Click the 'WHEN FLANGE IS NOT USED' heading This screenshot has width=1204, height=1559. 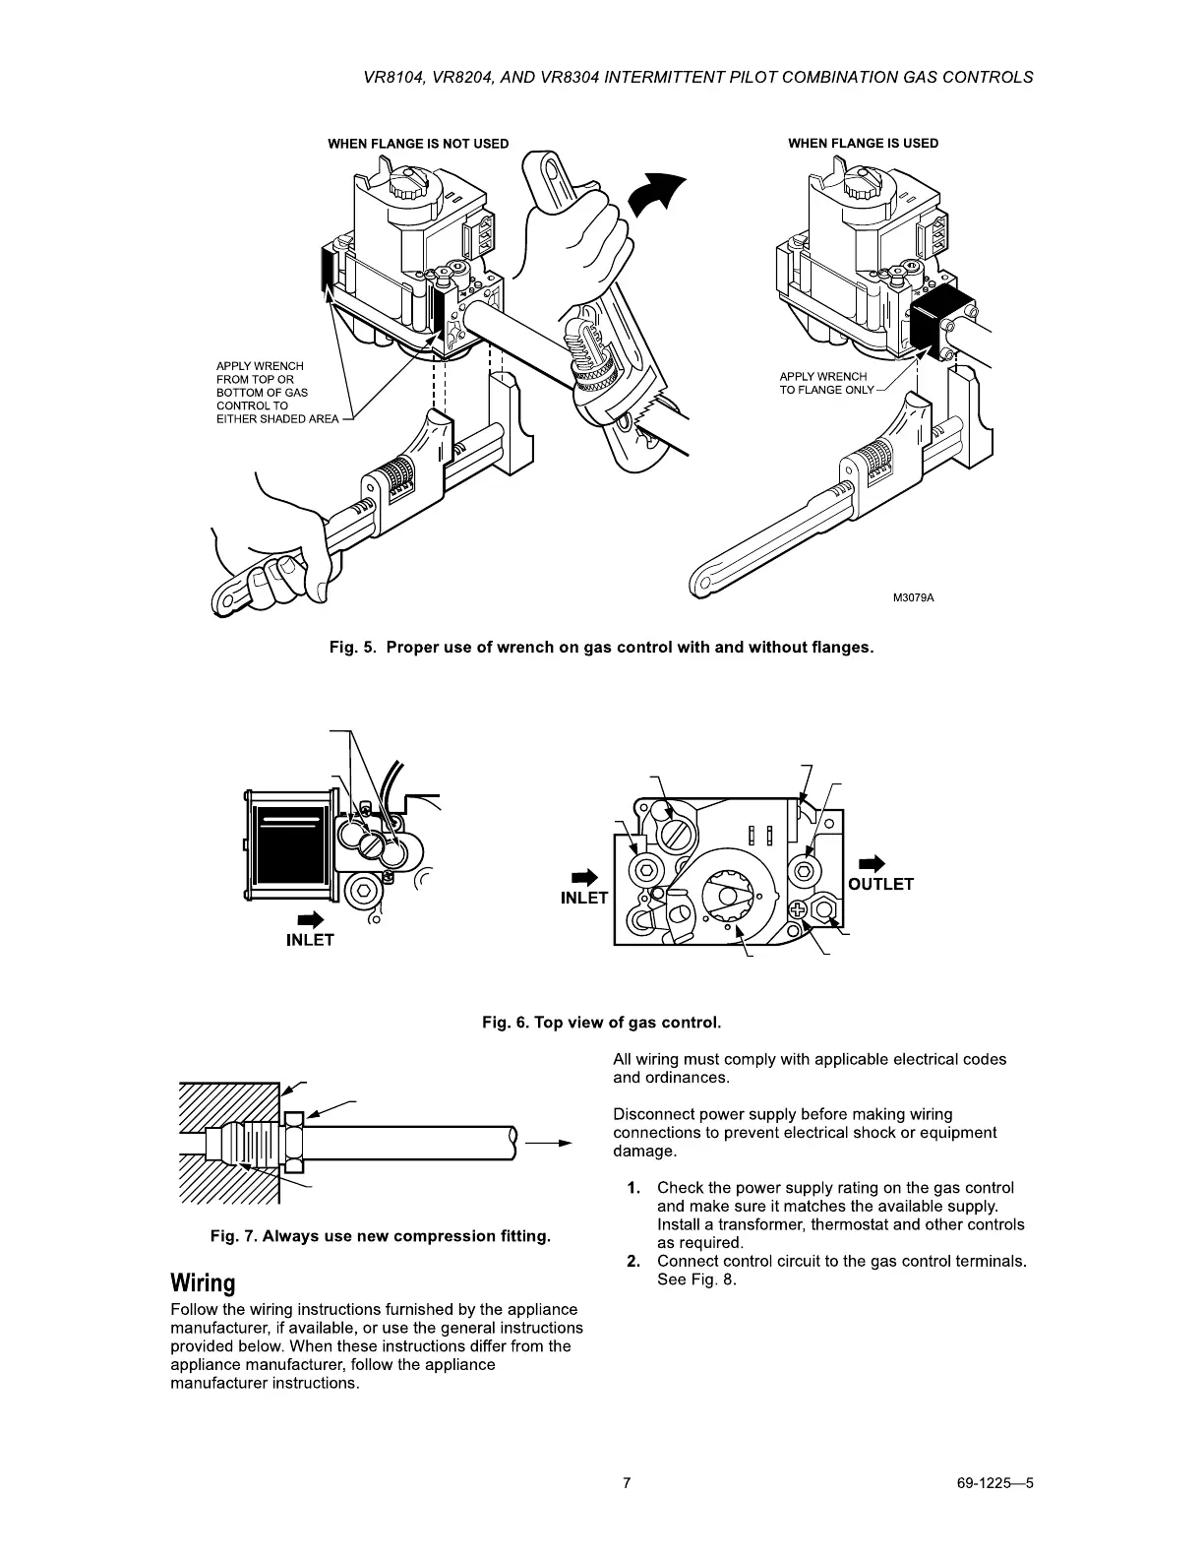click(418, 144)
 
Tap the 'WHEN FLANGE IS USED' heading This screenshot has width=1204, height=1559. click(863, 144)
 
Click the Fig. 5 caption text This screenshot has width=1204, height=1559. click(601, 648)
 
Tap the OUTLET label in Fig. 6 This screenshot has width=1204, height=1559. click(880, 884)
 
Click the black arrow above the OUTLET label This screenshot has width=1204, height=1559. click(873, 863)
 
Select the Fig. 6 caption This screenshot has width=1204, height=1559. click(601, 1023)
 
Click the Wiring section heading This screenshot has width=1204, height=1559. click(204, 1283)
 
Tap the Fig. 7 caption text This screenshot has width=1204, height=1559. click(380, 1236)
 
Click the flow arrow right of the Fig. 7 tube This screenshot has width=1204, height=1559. click(548, 1144)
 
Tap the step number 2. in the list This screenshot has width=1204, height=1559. click(634, 1262)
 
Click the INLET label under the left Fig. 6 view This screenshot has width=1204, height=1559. click(310, 940)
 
